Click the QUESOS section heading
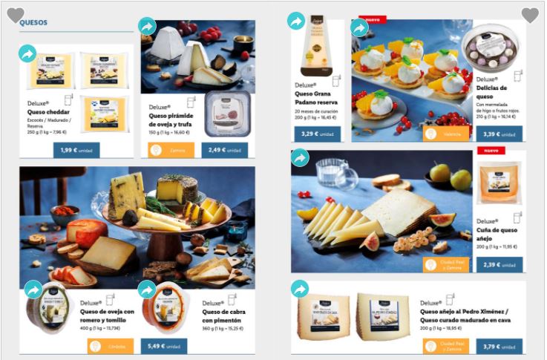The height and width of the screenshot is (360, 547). coord(33,22)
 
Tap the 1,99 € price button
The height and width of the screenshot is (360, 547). coord(76,150)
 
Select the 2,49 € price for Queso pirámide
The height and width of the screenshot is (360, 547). coord(225,150)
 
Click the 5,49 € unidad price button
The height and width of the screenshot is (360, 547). coord(163,346)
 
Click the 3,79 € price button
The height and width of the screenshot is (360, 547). coord(501,346)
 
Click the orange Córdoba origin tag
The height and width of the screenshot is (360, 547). coord(111,346)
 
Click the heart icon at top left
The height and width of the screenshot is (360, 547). coord(15,15)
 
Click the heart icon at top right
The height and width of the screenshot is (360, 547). coord(530,15)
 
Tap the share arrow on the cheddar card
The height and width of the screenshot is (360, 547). coord(27,53)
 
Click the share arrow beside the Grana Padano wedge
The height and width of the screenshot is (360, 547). coord(296,22)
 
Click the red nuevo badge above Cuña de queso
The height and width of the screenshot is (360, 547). coord(490,151)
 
